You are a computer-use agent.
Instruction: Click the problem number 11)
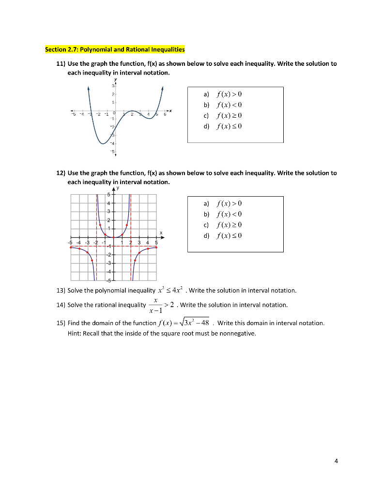[61, 64]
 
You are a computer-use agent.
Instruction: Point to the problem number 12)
[61, 173]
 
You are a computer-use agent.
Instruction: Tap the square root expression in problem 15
[193, 323]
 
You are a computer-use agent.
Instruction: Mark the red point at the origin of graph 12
[114, 237]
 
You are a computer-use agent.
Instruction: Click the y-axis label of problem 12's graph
[117, 188]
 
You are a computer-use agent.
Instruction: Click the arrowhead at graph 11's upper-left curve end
[89, 89]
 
